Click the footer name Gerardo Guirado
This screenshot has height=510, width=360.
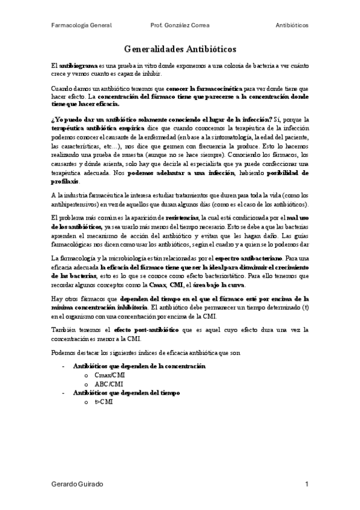click(78, 484)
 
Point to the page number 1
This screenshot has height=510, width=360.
click(307, 484)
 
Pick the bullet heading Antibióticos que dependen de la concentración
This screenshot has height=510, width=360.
click(139, 366)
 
